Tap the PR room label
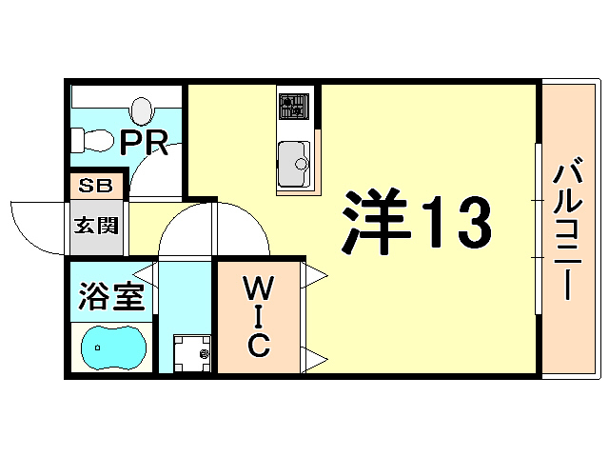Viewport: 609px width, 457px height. pos(145,143)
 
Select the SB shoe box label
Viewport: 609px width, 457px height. pos(94,185)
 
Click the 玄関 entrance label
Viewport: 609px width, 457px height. pos(95,227)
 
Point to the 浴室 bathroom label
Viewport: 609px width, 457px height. pos(109,297)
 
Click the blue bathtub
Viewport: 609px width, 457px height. pos(111,348)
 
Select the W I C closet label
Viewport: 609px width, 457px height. pos(257,316)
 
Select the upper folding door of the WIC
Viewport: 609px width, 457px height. pos(315,275)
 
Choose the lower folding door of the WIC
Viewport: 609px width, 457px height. pos(315,357)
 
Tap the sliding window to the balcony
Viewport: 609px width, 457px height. pos(538,228)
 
